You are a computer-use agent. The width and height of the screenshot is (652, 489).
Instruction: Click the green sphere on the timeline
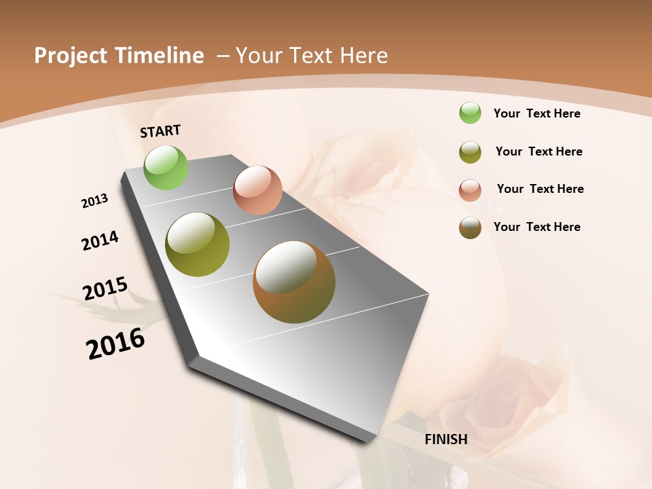(166, 167)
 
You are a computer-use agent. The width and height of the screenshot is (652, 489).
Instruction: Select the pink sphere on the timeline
(257, 189)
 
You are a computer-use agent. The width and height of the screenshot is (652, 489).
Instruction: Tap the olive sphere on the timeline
(197, 244)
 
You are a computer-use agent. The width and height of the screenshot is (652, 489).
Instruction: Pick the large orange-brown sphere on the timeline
(294, 282)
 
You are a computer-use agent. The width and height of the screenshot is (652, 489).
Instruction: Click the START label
(160, 131)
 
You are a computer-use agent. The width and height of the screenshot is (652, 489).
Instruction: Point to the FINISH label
(446, 439)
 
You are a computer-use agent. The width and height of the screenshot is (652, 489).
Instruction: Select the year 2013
(95, 201)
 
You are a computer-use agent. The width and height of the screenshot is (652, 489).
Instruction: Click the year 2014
(100, 240)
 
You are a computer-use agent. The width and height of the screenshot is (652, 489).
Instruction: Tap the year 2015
(105, 289)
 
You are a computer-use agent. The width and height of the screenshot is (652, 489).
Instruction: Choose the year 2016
(115, 344)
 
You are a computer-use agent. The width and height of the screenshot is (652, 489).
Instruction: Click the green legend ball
(470, 113)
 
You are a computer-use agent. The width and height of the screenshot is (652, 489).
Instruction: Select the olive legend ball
(470, 152)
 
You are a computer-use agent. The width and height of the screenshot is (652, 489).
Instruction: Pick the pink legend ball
(470, 190)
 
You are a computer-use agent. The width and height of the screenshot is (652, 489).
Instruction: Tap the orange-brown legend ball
(470, 228)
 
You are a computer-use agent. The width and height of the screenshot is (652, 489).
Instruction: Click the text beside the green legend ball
(537, 113)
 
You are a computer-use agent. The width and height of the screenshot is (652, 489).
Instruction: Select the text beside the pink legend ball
(540, 189)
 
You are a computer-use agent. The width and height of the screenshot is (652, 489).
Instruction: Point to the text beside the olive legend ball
(539, 151)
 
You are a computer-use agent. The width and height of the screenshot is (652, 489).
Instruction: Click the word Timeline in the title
(159, 56)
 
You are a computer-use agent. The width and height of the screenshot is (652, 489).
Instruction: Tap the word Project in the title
(70, 56)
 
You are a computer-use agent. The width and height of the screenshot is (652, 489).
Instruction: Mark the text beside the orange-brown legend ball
(537, 227)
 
